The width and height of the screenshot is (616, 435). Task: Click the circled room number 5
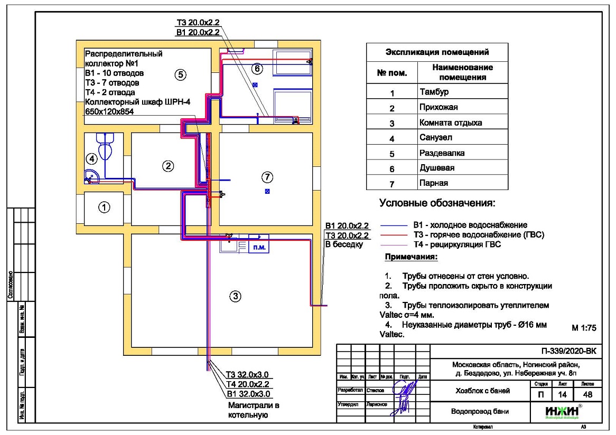180,74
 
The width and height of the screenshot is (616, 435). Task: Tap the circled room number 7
268,176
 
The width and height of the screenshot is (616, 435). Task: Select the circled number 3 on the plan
237,297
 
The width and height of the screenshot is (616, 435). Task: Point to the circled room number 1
105,207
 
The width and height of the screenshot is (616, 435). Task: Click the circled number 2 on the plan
167,166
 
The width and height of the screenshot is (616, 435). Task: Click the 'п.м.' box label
260,247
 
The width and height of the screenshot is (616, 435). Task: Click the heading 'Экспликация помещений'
437,52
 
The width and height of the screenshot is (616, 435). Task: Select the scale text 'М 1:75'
584,328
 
